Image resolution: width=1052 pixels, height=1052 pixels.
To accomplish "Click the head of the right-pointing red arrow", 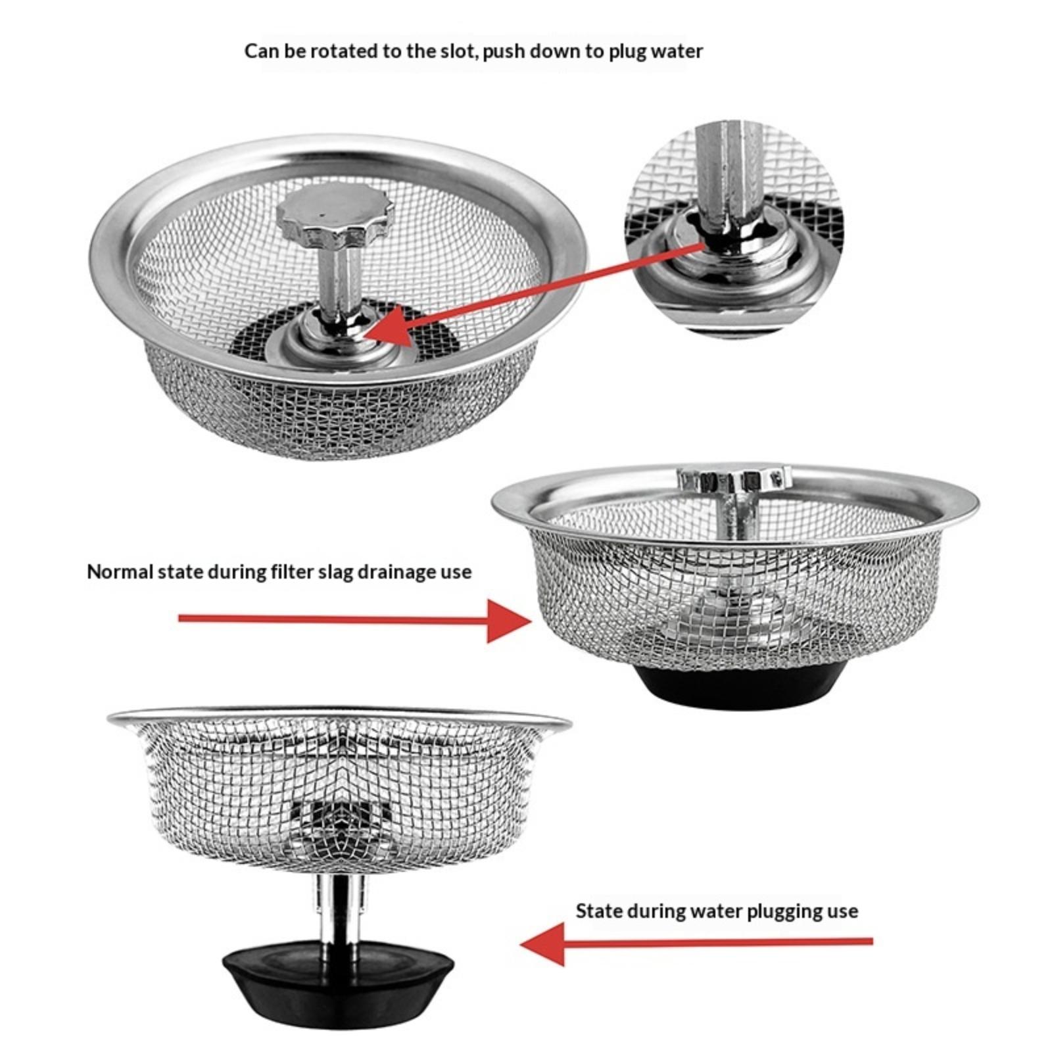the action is click(510, 619).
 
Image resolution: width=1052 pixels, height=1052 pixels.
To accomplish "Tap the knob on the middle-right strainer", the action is click(733, 480).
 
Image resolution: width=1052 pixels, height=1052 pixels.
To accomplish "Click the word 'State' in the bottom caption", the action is click(599, 911).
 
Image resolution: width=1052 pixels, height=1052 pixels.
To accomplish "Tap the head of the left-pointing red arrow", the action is click(543, 944).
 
